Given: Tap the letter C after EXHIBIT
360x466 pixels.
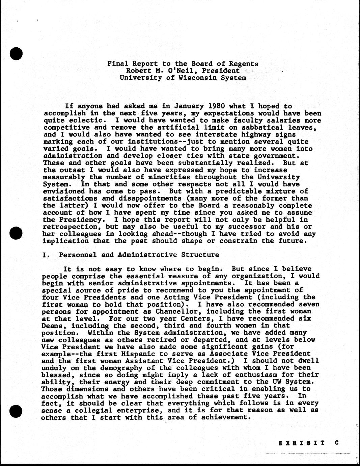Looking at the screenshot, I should (336, 443).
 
